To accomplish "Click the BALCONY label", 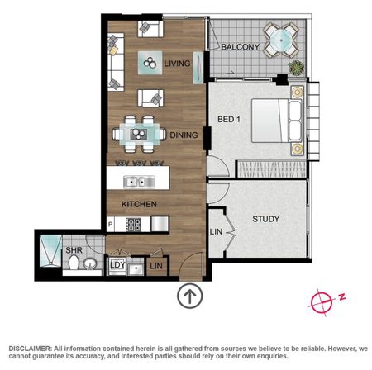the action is click(x=241, y=47).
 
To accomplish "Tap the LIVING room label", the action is click(x=177, y=64).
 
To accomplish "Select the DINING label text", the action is click(x=184, y=135).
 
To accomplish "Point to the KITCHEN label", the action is click(x=139, y=204).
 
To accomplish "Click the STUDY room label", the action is click(x=266, y=219).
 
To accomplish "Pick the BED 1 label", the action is click(x=229, y=120).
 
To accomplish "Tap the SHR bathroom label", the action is click(x=74, y=250).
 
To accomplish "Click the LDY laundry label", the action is click(x=117, y=265).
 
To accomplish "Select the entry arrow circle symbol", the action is click(x=190, y=296).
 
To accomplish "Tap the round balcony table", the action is click(x=281, y=40).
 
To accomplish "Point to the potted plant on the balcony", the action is click(x=297, y=68).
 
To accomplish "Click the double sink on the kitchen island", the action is click(x=139, y=182).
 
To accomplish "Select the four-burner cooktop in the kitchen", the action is click(x=134, y=225).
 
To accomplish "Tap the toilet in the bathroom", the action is click(x=74, y=263).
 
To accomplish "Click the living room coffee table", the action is click(x=150, y=63).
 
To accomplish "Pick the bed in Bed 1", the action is click(x=278, y=121).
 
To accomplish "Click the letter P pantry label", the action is click(x=110, y=225).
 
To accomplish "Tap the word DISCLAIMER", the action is click(x=30, y=349).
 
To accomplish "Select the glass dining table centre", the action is click(x=139, y=134).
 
